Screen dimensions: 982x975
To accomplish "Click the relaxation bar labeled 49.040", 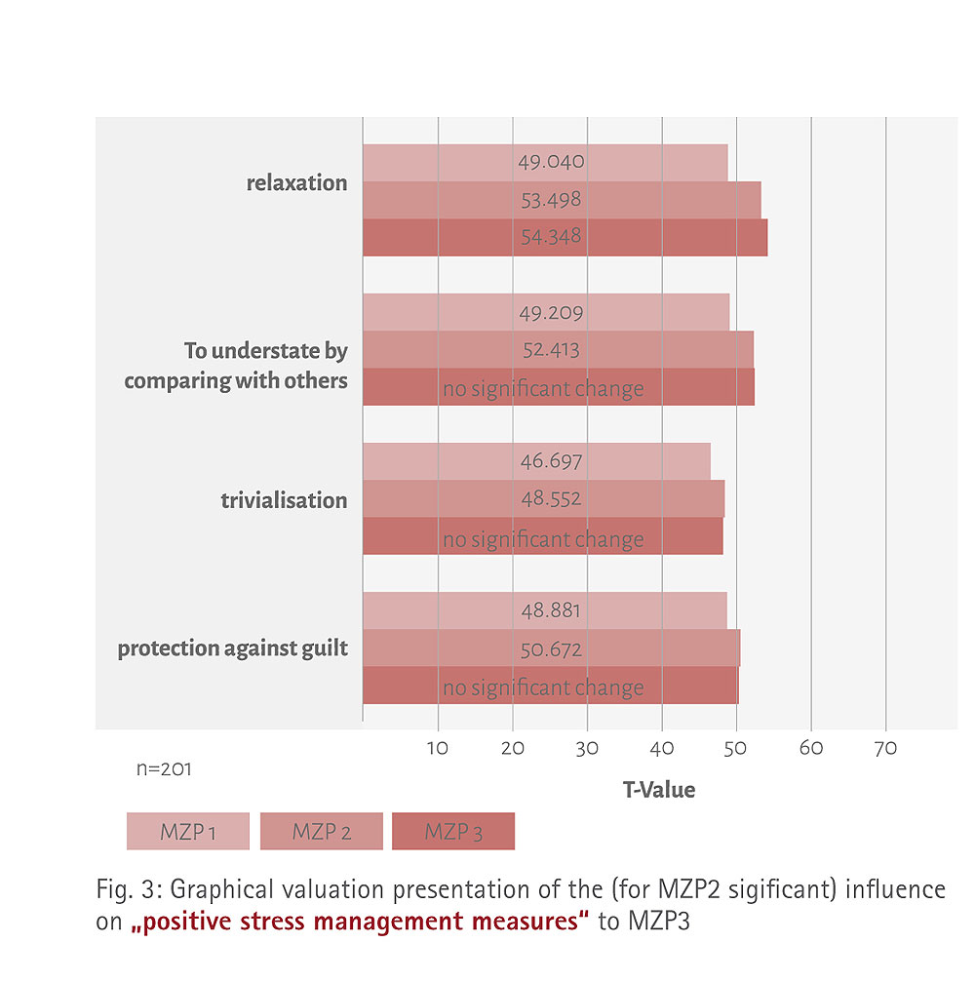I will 545,163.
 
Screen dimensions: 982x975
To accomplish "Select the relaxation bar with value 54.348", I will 565,238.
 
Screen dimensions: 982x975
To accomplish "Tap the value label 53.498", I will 551,200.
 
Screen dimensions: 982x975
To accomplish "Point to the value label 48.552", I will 551,499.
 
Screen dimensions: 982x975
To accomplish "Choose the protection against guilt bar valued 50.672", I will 551,648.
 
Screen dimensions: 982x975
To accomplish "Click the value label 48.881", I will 551,611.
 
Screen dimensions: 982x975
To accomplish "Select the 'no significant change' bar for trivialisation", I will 542,537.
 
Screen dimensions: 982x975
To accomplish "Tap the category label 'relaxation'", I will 296,183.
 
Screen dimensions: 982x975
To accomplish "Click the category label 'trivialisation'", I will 284,500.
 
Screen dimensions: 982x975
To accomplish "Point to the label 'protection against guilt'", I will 232,648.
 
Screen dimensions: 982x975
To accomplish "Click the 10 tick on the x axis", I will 439,749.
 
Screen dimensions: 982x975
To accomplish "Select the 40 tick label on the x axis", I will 662,749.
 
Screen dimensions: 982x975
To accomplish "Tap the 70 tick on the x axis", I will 885,749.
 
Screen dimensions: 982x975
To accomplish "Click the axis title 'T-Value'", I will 659,790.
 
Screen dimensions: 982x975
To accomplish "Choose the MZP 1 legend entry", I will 187,832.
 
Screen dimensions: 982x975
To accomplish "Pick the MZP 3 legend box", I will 452,832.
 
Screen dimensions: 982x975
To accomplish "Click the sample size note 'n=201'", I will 163,769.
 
